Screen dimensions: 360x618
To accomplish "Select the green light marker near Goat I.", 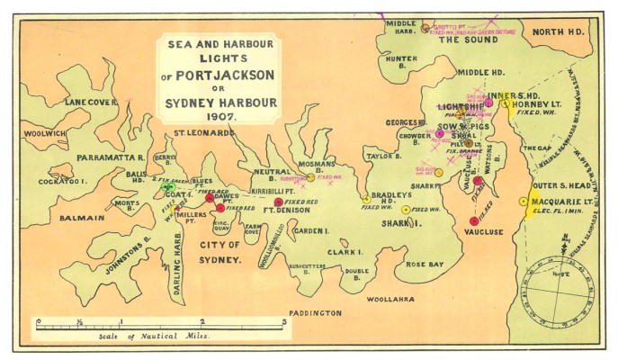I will (167, 187).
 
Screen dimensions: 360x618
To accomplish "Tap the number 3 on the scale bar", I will (284, 321).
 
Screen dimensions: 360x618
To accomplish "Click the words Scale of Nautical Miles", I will (153, 336).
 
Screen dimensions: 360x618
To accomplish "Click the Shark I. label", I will (397, 223).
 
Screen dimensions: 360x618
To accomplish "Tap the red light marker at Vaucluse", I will (473, 220).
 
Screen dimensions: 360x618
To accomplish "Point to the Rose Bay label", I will (424, 265).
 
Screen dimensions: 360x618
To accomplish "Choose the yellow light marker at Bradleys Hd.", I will (366, 199).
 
